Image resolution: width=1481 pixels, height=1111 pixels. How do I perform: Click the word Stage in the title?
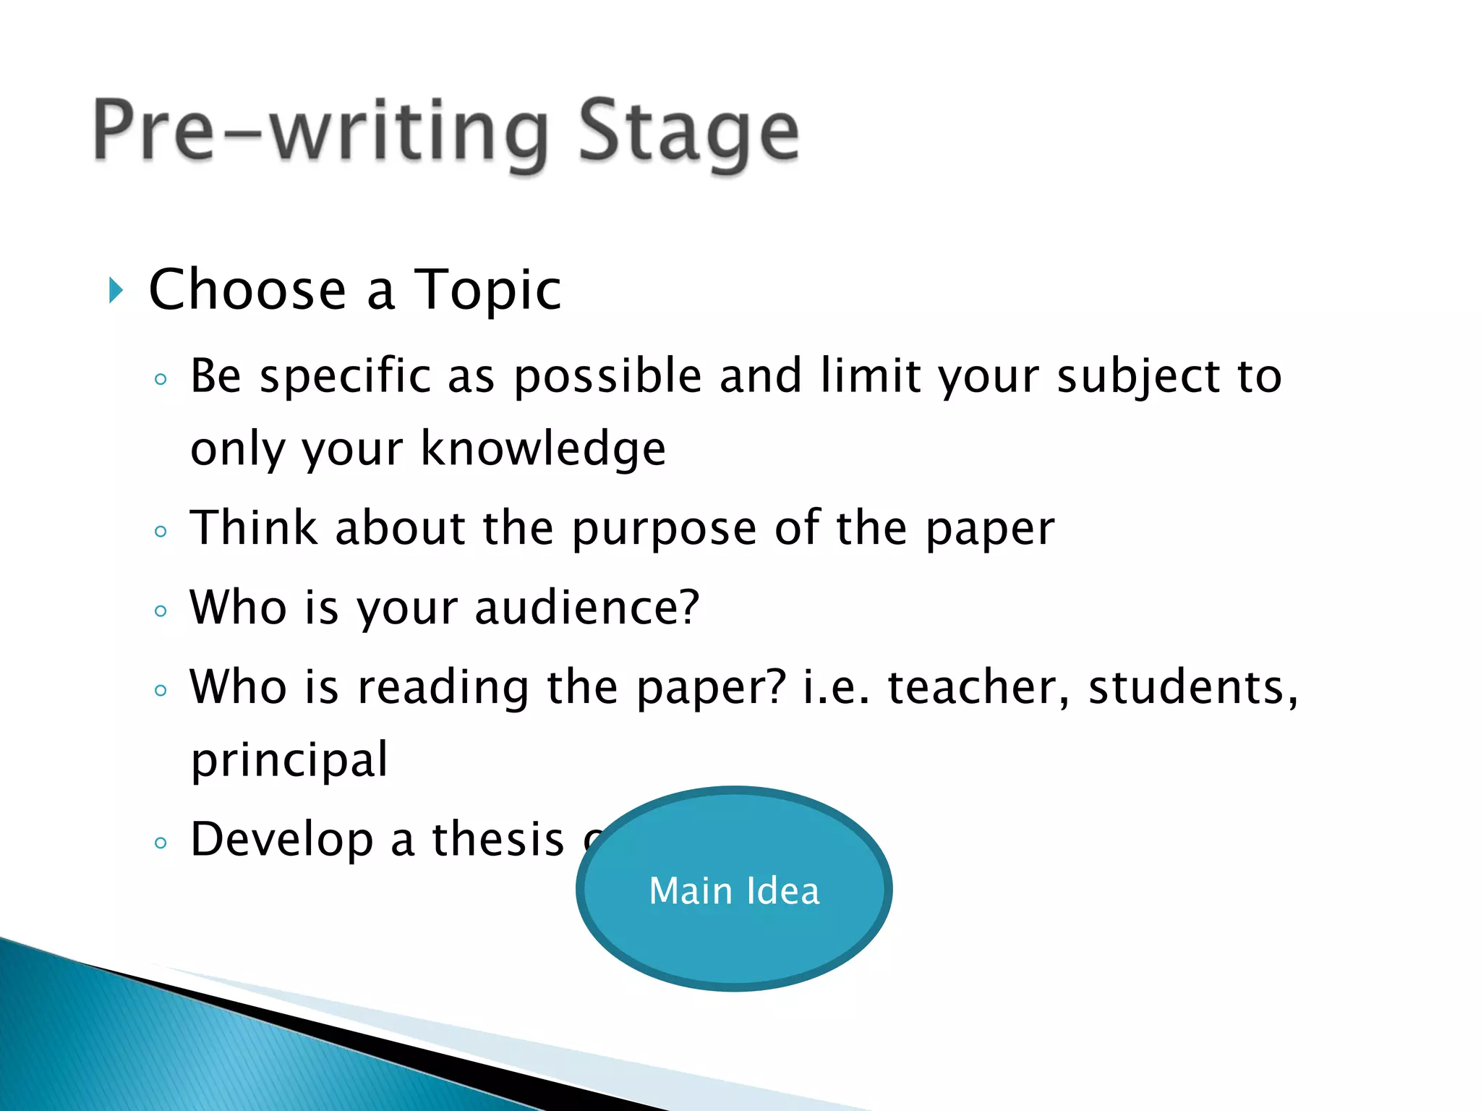[688, 132]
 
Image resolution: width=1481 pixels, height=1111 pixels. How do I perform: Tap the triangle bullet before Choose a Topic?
[116, 290]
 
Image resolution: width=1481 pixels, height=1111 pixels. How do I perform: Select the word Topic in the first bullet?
[487, 290]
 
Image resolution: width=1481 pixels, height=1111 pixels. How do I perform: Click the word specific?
[346, 377]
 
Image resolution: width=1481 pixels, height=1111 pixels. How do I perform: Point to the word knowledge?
[543, 448]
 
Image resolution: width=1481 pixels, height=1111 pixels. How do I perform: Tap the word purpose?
[664, 528]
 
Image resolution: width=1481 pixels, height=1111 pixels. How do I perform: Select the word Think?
[254, 527]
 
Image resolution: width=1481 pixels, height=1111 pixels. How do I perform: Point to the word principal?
[289, 760]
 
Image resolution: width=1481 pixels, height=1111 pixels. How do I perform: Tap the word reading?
[443, 688]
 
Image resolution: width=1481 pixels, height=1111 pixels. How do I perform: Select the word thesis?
[498, 839]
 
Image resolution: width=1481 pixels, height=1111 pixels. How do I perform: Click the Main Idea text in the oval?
[734, 890]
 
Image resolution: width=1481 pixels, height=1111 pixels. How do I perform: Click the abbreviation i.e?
[836, 686]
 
